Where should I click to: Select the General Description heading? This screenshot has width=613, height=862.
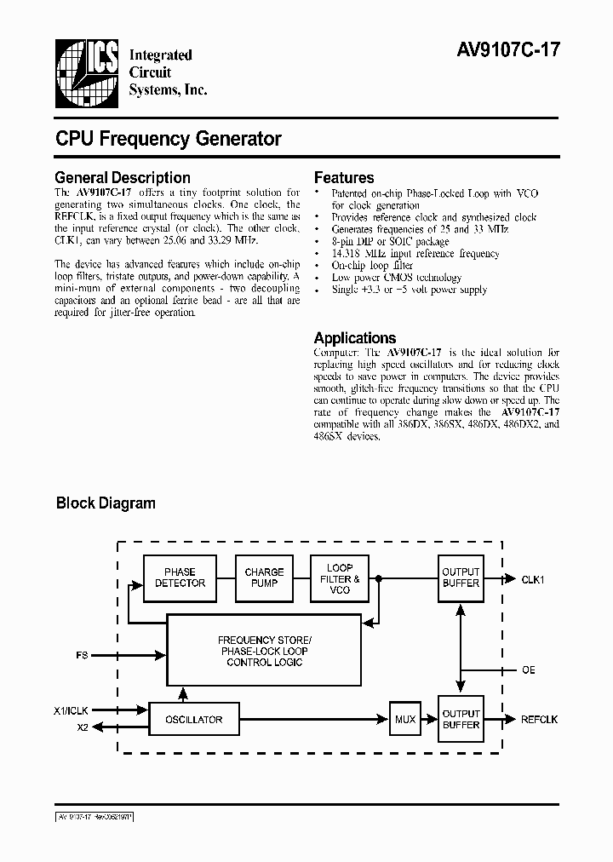click(x=122, y=178)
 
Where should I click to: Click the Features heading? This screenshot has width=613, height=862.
click(x=344, y=178)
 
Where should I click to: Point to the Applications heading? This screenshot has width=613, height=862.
click(x=355, y=338)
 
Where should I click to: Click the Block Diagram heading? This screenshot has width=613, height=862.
click(x=106, y=503)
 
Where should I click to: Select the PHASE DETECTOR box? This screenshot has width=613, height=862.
click(x=180, y=578)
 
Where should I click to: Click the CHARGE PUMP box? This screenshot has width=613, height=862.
click(x=264, y=578)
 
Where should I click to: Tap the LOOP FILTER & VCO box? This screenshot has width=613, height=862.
click(x=340, y=578)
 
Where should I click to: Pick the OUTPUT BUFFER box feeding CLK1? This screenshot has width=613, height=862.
click(x=461, y=578)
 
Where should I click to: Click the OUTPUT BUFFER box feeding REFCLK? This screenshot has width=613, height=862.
click(x=461, y=720)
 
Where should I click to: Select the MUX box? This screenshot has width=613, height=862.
click(x=405, y=720)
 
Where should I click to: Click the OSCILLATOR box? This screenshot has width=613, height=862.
click(x=193, y=720)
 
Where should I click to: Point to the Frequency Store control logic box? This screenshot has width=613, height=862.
click(x=262, y=652)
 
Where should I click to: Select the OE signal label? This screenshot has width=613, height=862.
click(x=528, y=670)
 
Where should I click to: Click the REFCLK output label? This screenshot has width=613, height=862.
click(x=540, y=720)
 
